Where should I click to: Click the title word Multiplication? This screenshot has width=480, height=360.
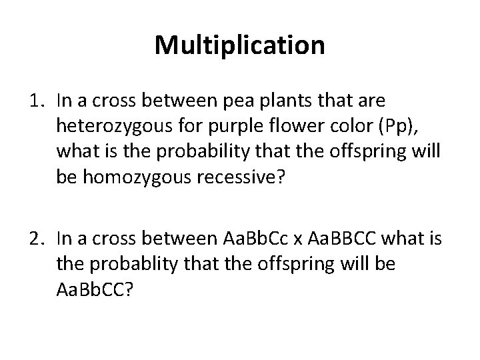[240, 45]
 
